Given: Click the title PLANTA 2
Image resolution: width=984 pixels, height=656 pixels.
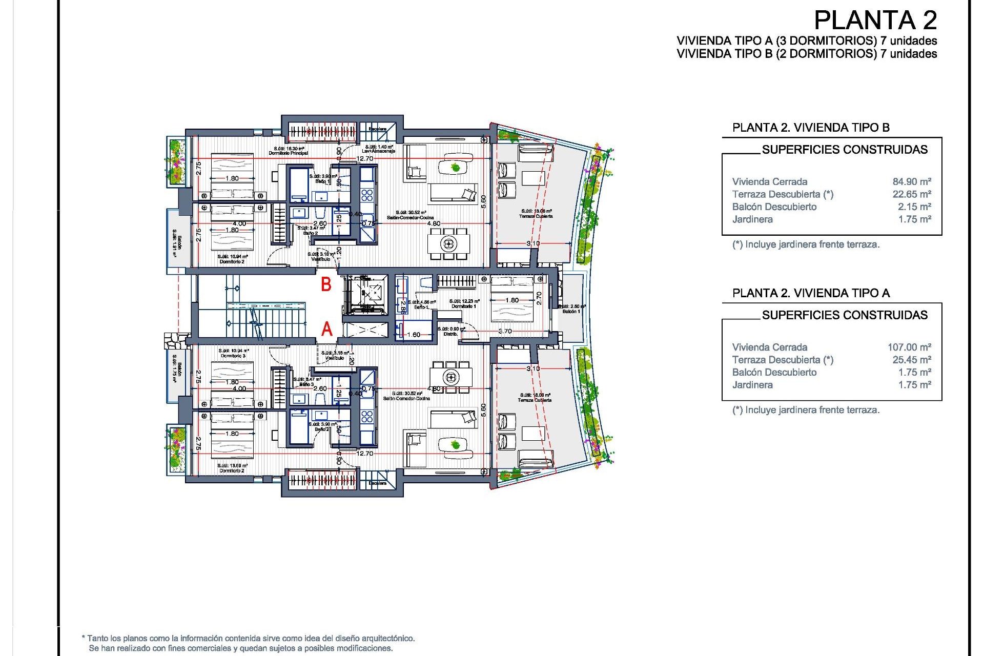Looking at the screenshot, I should [875, 21].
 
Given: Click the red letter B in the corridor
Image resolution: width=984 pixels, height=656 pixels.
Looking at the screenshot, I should [326, 284].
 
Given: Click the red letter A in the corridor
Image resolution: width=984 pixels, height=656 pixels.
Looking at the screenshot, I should [326, 329].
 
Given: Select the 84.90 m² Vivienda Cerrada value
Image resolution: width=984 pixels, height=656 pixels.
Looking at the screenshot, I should [912, 181].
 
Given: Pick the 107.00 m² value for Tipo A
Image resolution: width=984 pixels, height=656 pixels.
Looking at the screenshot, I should [909, 347].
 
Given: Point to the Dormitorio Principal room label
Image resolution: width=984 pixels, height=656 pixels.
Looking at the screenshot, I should [288, 153].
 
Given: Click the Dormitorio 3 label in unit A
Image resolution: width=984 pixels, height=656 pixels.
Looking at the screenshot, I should [233, 356].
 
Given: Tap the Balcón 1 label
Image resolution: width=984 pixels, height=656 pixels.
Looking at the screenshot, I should [571, 311].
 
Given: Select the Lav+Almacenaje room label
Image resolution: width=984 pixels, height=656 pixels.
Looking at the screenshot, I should [378, 151].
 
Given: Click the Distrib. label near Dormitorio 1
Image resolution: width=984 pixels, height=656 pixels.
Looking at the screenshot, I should [450, 334].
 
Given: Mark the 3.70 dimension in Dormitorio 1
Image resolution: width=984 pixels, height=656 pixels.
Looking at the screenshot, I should [505, 331].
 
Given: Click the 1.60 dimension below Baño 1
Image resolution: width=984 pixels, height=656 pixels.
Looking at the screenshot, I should [413, 335].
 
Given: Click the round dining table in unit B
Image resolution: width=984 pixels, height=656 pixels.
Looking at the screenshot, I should [449, 243].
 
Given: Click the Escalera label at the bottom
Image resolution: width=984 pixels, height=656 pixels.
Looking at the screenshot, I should [378, 483].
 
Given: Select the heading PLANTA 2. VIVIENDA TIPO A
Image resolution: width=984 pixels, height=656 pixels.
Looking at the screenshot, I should [811, 293].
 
